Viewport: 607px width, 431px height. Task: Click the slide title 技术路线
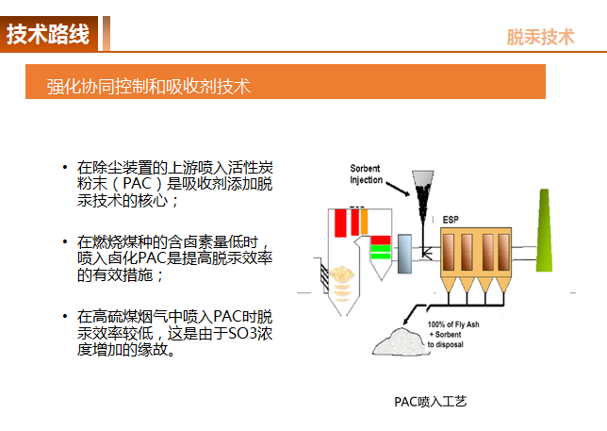(x=48, y=34)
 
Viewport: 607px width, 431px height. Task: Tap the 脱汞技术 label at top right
(x=540, y=37)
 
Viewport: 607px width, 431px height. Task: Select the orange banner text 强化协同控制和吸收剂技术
(x=149, y=86)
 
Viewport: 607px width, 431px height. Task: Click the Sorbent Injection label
(x=366, y=174)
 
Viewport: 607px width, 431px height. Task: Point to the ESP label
(x=451, y=220)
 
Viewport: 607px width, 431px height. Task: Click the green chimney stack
(x=544, y=231)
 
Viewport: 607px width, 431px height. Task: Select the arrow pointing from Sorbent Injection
(x=398, y=189)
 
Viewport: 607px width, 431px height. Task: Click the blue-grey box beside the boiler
(x=404, y=254)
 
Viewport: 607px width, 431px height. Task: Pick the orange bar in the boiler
(x=364, y=222)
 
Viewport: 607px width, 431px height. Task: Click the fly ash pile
(x=398, y=342)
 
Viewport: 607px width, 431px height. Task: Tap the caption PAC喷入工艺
(x=431, y=402)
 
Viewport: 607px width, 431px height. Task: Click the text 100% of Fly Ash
(x=453, y=324)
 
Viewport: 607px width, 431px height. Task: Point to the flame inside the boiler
(x=342, y=282)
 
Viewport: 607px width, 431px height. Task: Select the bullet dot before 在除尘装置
(x=65, y=167)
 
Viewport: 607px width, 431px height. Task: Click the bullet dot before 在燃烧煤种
(x=65, y=241)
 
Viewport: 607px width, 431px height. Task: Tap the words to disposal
(x=445, y=344)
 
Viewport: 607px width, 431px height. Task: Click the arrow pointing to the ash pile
(x=411, y=314)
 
